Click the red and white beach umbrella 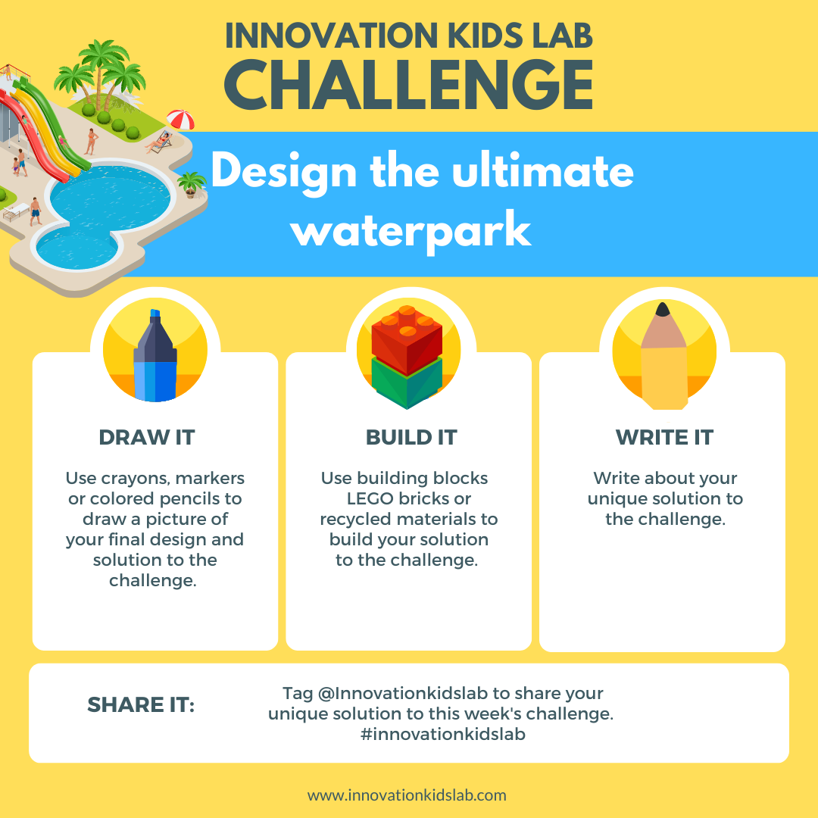(180, 120)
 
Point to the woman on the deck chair (158, 142)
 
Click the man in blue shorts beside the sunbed (35, 210)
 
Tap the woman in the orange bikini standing (92, 140)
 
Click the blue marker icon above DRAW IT (155, 355)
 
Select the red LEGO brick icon (407, 341)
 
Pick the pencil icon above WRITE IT (663, 356)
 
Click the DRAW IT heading (147, 437)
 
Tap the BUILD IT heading (411, 437)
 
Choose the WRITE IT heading (664, 437)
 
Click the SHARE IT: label (141, 705)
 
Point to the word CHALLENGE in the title (408, 86)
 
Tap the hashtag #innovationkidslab (443, 734)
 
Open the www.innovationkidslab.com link (407, 795)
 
